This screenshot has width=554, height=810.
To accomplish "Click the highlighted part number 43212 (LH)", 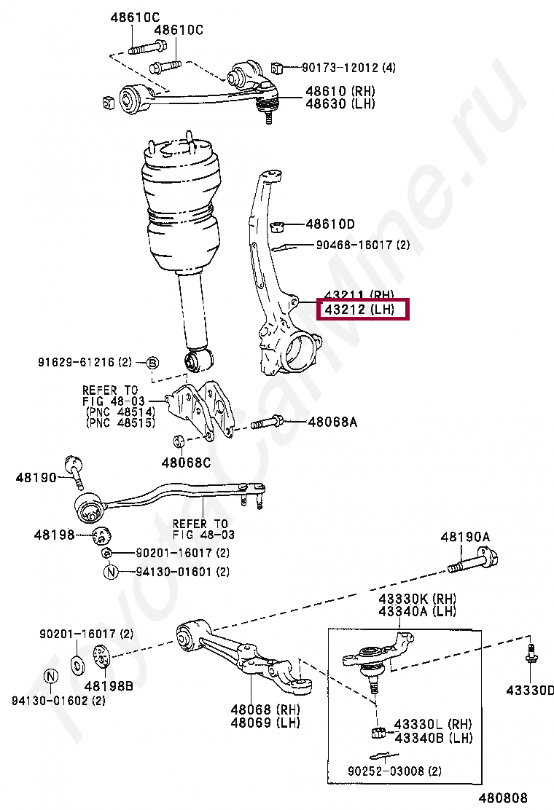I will coord(362,310).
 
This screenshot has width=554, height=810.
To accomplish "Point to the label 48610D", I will coord(330,224).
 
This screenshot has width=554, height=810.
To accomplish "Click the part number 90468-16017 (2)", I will coord(362,245).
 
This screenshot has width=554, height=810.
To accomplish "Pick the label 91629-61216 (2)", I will coord(85,362).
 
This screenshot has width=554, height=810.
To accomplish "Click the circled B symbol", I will coord(152,363).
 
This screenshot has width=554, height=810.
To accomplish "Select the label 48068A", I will coord(332,422).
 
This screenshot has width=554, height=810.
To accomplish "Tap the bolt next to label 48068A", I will coord(269,422).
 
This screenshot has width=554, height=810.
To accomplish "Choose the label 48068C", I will coord(186,462).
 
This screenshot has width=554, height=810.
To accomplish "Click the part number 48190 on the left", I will coord(36,477).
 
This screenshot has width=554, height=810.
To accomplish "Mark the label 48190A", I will coord(465,538).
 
